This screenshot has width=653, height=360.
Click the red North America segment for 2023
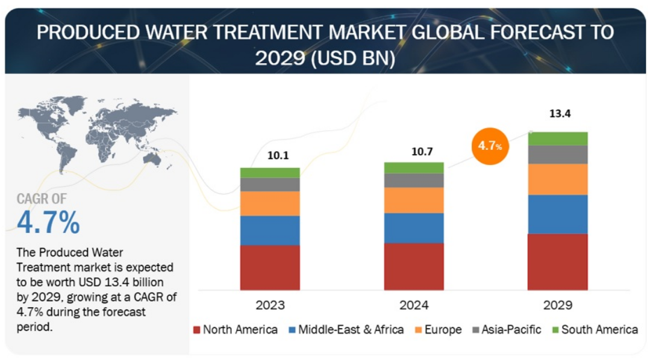coord(270,268)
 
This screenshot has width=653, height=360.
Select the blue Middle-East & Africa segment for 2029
coord(558,214)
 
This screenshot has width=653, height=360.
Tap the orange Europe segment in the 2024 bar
coord(414,200)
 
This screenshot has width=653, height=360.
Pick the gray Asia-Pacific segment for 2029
coord(558,154)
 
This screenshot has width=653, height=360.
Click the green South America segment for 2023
coord(270,173)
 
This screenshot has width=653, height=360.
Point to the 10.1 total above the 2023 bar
coord(278,155)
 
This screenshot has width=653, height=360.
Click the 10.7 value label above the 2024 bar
coord(422,152)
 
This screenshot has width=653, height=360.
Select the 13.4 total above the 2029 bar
coord(560,113)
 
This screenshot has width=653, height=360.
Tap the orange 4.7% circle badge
coord(490,146)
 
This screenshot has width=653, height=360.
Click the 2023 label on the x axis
coord(270,305)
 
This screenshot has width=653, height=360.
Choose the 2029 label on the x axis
coord(558,305)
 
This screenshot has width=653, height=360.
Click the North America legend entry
coord(236,330)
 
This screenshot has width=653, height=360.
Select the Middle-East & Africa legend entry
coord(346,330)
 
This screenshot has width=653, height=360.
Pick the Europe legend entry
coord(439,330)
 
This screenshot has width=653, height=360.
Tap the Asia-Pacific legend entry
coord(507,330)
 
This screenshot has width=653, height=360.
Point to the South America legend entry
coord(595,330)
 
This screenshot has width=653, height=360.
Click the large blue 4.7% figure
coord(48,222)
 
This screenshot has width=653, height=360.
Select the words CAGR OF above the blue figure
coord(42,199)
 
